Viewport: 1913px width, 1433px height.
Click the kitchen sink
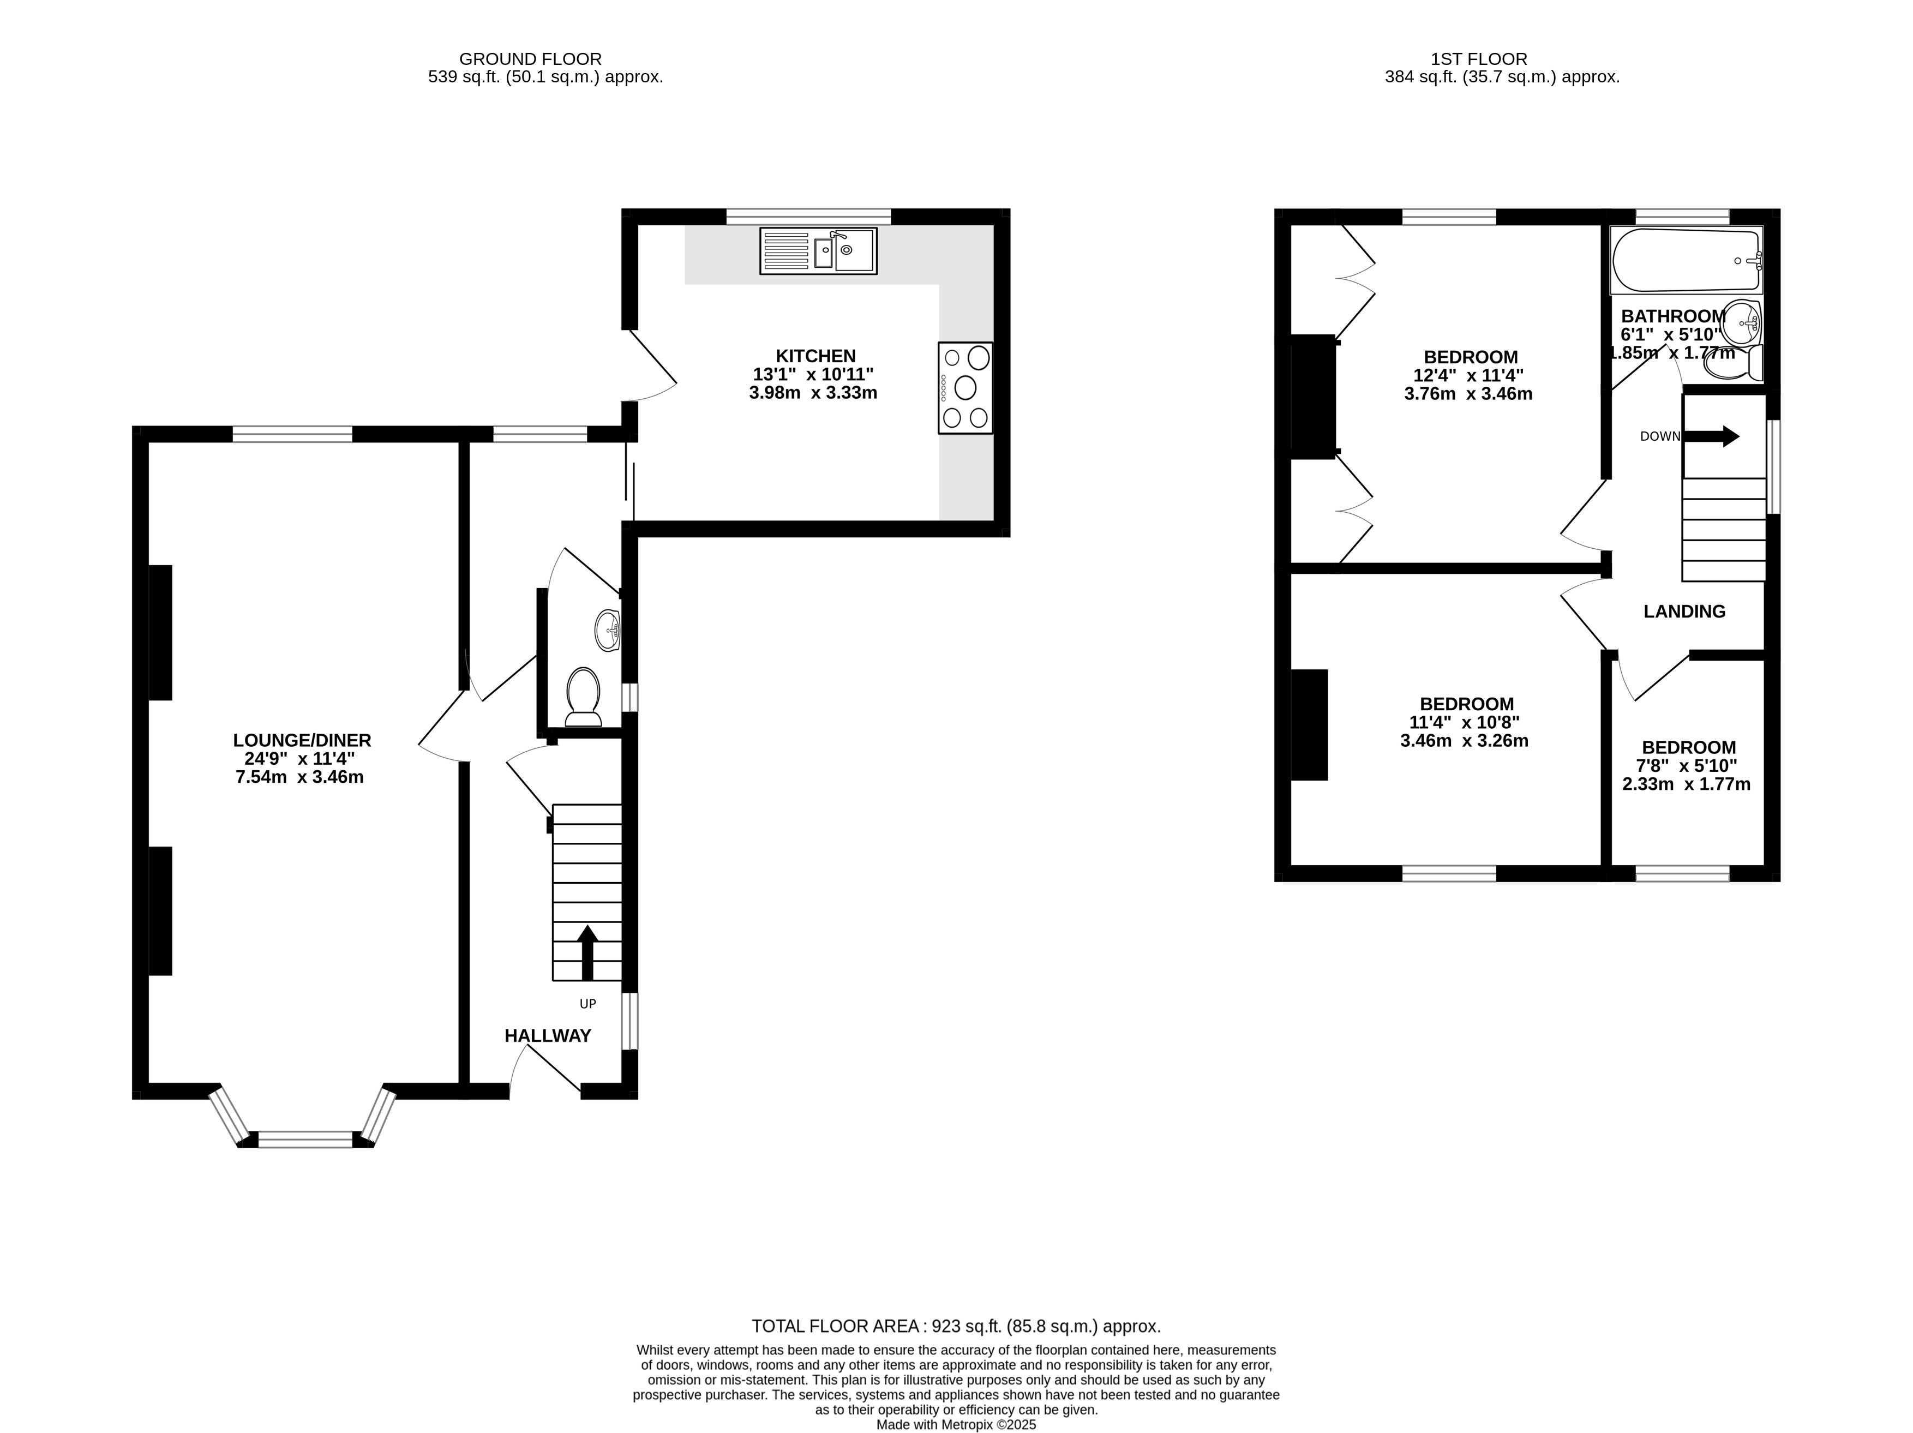pyautogui.click(x=818, y=251)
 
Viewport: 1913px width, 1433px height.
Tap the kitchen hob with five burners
pyautogui.click(x=965, y=387)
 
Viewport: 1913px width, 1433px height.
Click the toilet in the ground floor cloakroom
pyautogui.click(x=584, y=697)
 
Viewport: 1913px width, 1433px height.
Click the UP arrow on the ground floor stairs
pyautogui.click(x=587, y=952)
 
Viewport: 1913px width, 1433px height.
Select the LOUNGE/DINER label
pyautogui.click(x=302, y=740)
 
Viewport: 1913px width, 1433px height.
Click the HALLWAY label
pyautogui.click(x=548, y=1036)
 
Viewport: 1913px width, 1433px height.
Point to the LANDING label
pyautogui.click(x=1684, y=612)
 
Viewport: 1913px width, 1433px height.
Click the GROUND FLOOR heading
pyautogui.click(x=530, y=59)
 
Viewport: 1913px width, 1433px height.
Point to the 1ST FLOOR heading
pyautogui.click(x=1479, y=59)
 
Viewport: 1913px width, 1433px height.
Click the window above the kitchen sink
pyautogui.click(x=808, y=216)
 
